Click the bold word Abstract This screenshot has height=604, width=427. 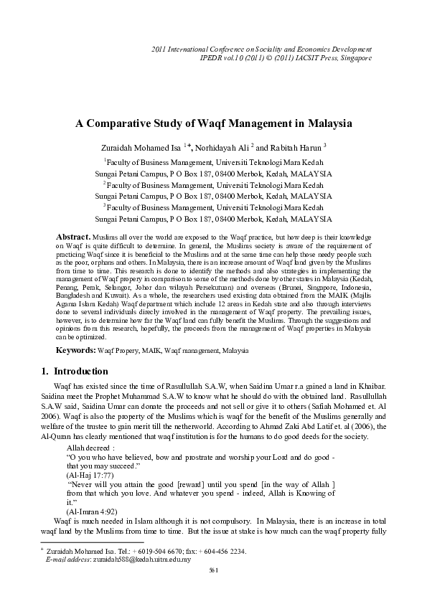[x=73, y=236]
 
